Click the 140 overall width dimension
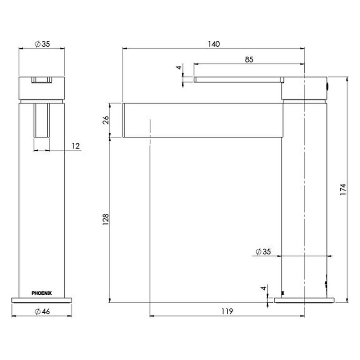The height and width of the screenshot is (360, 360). pos(214,44)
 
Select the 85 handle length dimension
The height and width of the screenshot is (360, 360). pos(249,59)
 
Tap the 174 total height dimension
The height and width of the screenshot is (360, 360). pos(343,189)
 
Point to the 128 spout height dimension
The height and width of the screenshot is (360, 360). pos(105,219)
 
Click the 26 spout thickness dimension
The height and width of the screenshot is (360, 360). pos(106,120)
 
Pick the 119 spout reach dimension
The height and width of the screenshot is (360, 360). pos(227,311)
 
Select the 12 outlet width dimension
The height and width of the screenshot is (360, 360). pos(76,146)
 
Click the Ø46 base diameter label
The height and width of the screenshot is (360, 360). pos(42,311)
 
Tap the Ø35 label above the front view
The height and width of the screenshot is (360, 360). pos(42,44)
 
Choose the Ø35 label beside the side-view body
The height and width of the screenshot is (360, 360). pos(263,252)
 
